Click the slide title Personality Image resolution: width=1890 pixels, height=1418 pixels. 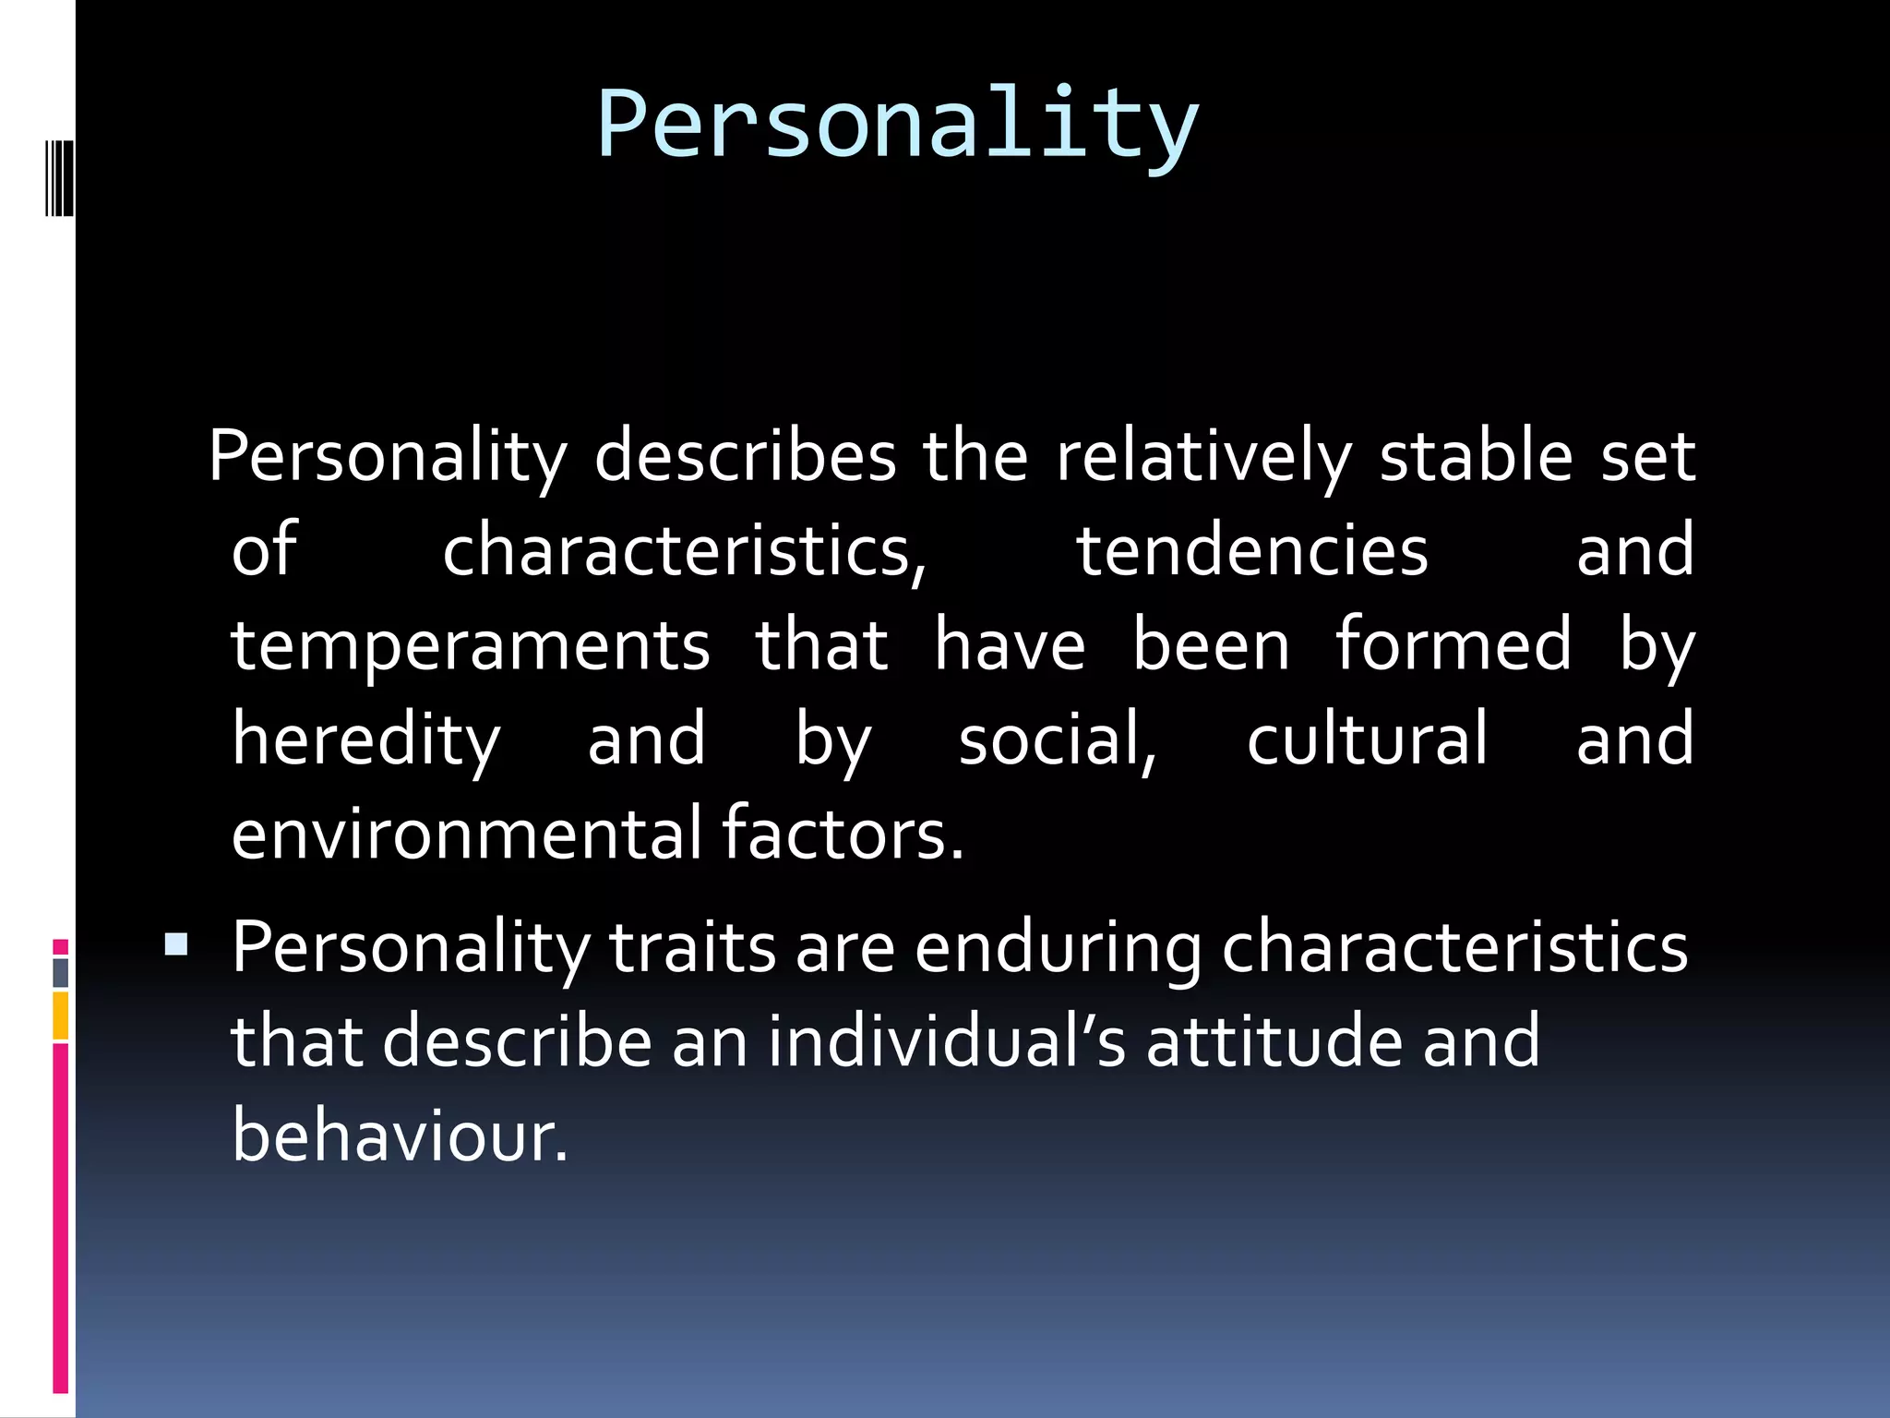pos(897,125)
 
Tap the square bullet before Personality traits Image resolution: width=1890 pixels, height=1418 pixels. pos(175,944)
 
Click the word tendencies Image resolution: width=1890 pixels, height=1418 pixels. pos(1252,551)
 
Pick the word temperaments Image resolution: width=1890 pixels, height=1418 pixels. pos(471,646)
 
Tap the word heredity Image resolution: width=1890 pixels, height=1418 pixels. pos(365,740)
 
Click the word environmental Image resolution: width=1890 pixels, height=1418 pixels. pos(467,834)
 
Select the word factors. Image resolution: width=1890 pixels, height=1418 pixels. pos(842,834)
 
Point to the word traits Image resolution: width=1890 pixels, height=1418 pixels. pos(692,948)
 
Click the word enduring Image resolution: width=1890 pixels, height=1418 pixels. pos(1058,950)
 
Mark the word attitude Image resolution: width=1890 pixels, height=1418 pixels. pos(1274,1042)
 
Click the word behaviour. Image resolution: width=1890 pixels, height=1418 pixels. pos(399,1136)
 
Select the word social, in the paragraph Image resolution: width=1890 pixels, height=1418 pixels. pos(1058,740)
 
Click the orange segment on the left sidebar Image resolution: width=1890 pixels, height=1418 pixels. pos(61,1015)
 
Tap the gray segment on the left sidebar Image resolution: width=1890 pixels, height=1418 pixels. pos(61,972)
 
